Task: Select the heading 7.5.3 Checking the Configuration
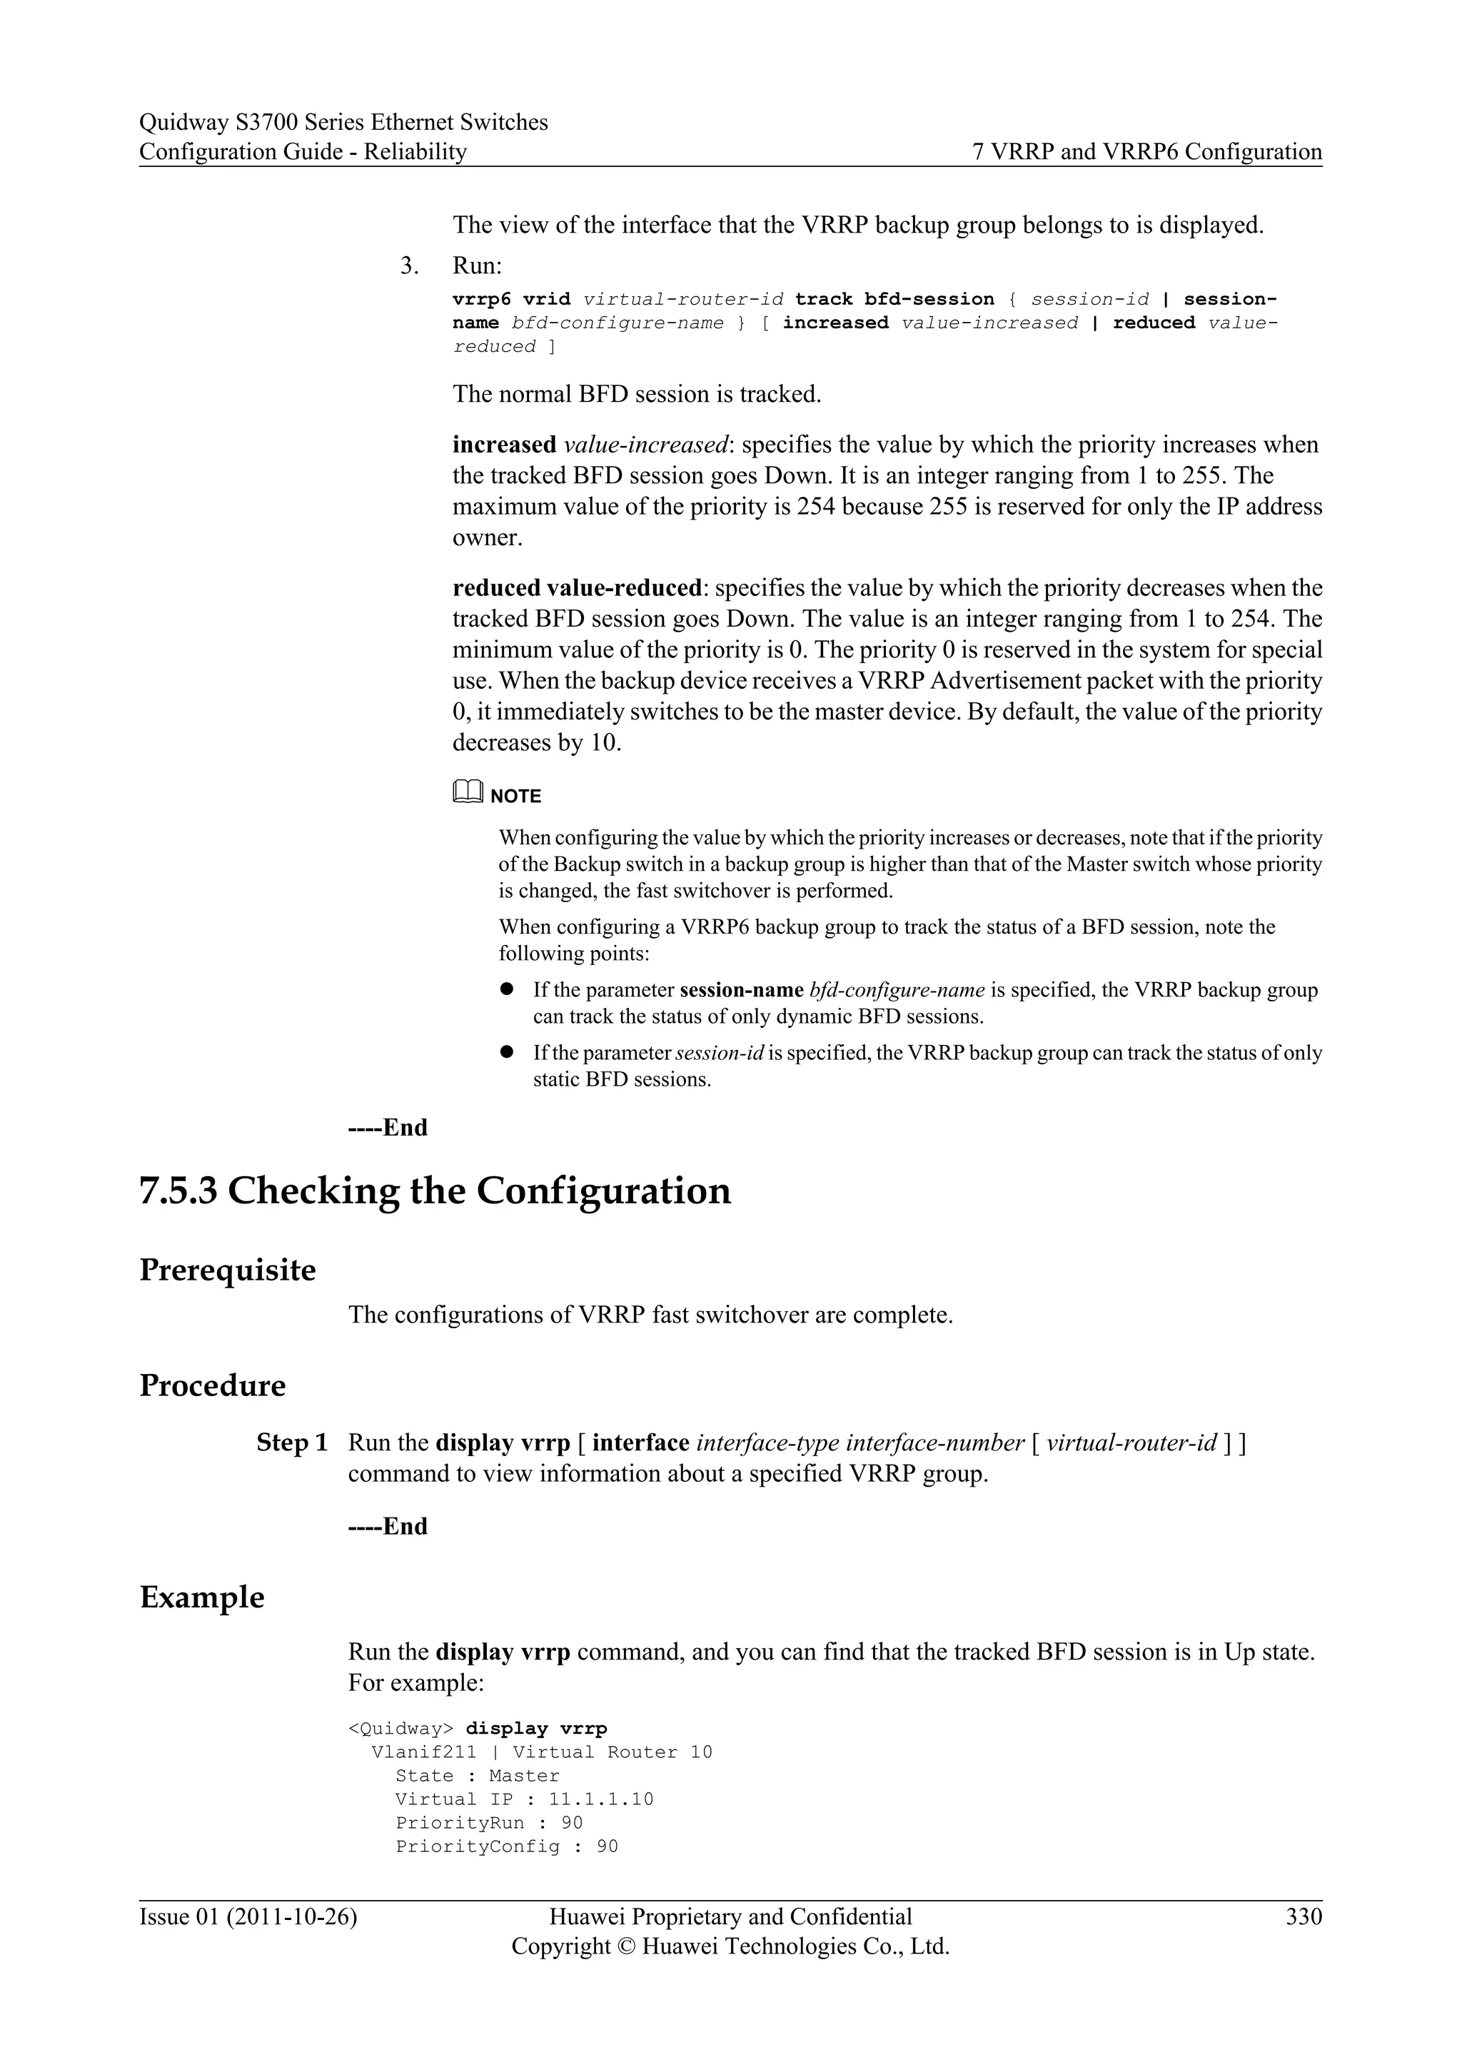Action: click(435, 1191)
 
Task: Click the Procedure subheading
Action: click(213, 1385)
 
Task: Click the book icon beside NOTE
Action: click(468, 792)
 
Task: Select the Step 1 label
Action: click(292, 1443)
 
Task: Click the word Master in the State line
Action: click(524, 1775)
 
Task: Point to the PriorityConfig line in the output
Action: click(507, 1846)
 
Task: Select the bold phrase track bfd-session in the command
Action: click(895, 299)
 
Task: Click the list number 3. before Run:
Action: click(410, 266)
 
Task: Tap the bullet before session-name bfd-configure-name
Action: click(507, 989)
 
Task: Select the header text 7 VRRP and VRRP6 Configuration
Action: click(1147, 151)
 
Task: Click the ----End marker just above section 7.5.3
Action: click(388, 1127)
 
